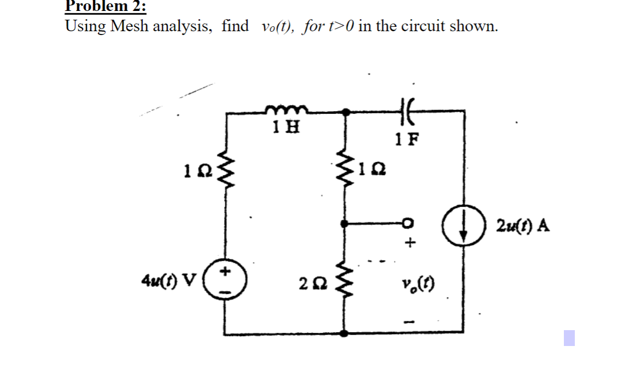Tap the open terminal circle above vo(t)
407,223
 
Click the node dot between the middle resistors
345,223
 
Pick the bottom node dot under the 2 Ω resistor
345,333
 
